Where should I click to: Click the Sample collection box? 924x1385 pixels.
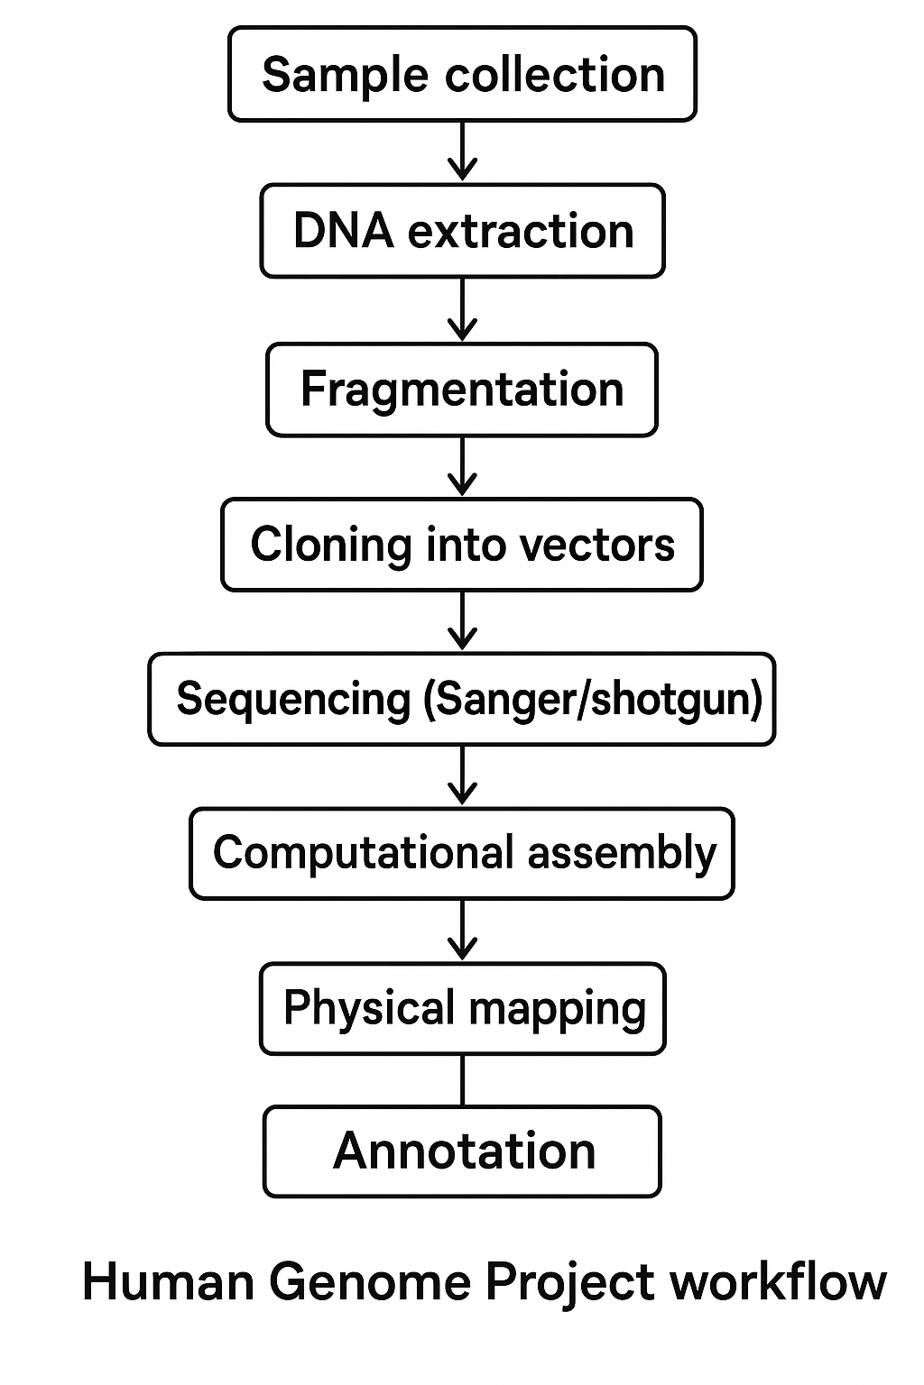(462, 74)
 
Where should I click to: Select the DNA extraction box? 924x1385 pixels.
(462, 231)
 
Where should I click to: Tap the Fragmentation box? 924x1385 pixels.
(462, 390)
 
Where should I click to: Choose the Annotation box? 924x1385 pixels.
(462, 1151)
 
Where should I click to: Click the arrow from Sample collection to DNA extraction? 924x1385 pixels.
(462, 151)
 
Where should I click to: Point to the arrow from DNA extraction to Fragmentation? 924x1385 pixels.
(462, 309)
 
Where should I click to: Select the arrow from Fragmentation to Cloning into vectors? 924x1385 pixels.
(462, 466)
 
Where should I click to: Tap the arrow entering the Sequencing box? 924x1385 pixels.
(462, 621)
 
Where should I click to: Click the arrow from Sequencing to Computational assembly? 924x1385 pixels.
(462, 775)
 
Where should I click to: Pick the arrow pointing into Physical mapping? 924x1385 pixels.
(462, 931)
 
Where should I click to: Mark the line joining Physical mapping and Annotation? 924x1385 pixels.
(462, 1080)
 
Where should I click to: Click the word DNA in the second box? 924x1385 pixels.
(343, 231)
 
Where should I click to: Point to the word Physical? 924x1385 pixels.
(369, 1009)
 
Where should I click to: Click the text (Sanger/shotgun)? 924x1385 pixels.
(593, 700)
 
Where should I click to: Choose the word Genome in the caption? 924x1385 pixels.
(370, 1281)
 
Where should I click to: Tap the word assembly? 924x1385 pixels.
(622, 853)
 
